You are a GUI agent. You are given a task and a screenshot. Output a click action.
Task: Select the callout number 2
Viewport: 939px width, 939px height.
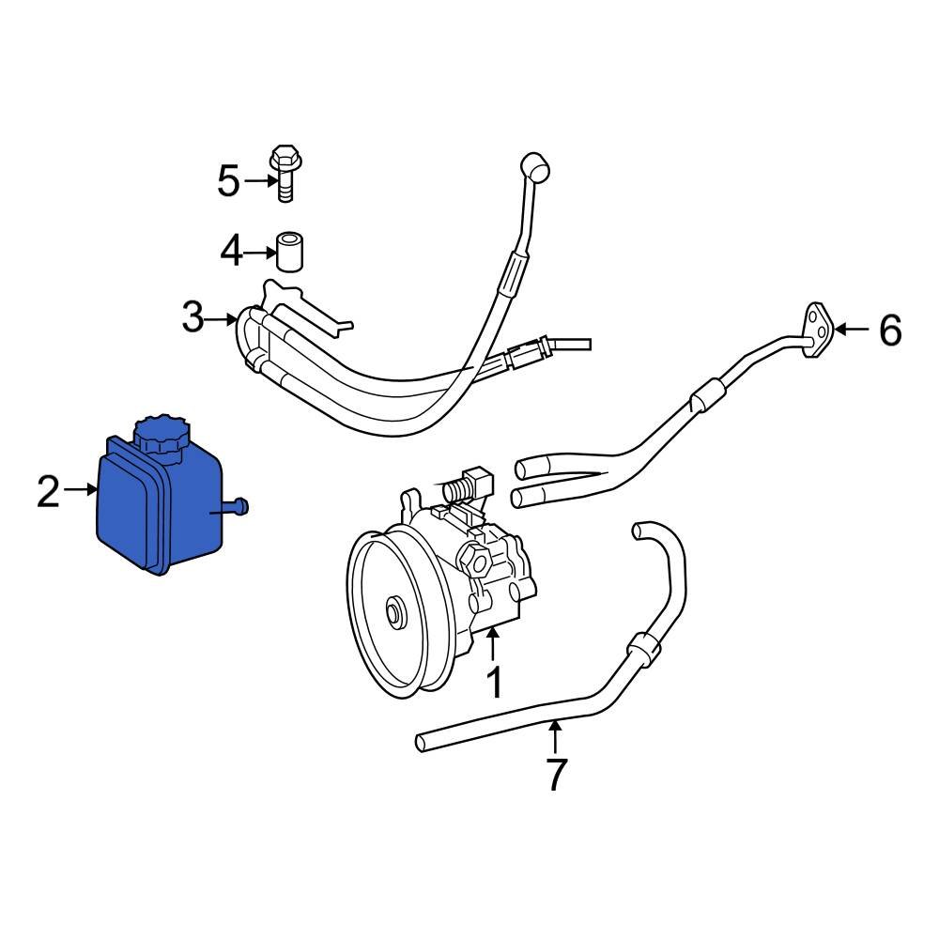point(48,491)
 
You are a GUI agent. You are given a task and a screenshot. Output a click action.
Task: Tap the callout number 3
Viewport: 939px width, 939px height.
point(192,318)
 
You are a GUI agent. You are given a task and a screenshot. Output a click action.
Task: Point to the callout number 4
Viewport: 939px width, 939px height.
point(232,251)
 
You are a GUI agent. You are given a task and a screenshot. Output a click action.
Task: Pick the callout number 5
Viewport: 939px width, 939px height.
point(228,180)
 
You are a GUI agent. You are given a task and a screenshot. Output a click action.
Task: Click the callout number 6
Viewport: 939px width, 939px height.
point(889,331)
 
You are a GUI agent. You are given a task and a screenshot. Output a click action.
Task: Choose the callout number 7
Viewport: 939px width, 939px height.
point(556,774)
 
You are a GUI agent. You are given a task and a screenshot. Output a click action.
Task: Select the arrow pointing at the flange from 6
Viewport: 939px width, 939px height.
point(852,329)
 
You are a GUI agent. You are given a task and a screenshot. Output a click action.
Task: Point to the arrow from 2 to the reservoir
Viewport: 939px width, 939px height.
point(82,490)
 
